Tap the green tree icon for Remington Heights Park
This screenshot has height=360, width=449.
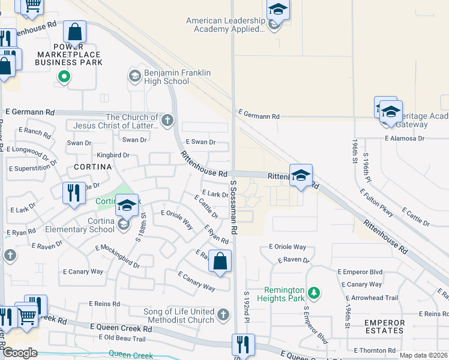click(313, 293)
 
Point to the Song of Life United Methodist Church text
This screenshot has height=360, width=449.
click(178, 316)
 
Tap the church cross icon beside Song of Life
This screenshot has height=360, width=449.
click(223, 314)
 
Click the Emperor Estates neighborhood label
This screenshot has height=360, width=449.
click(384, 326)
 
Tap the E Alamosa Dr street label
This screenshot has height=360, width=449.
click(405, 138)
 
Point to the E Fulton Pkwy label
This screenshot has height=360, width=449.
click(376, 203)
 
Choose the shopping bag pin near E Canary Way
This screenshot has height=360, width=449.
click(220, 262)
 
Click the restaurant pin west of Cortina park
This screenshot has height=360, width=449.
click(74, 193)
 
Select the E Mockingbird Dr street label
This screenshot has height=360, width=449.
click(117, 256)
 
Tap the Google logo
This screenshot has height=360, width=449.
click(19, 353)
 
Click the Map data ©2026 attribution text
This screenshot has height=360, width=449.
click(423, 355)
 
